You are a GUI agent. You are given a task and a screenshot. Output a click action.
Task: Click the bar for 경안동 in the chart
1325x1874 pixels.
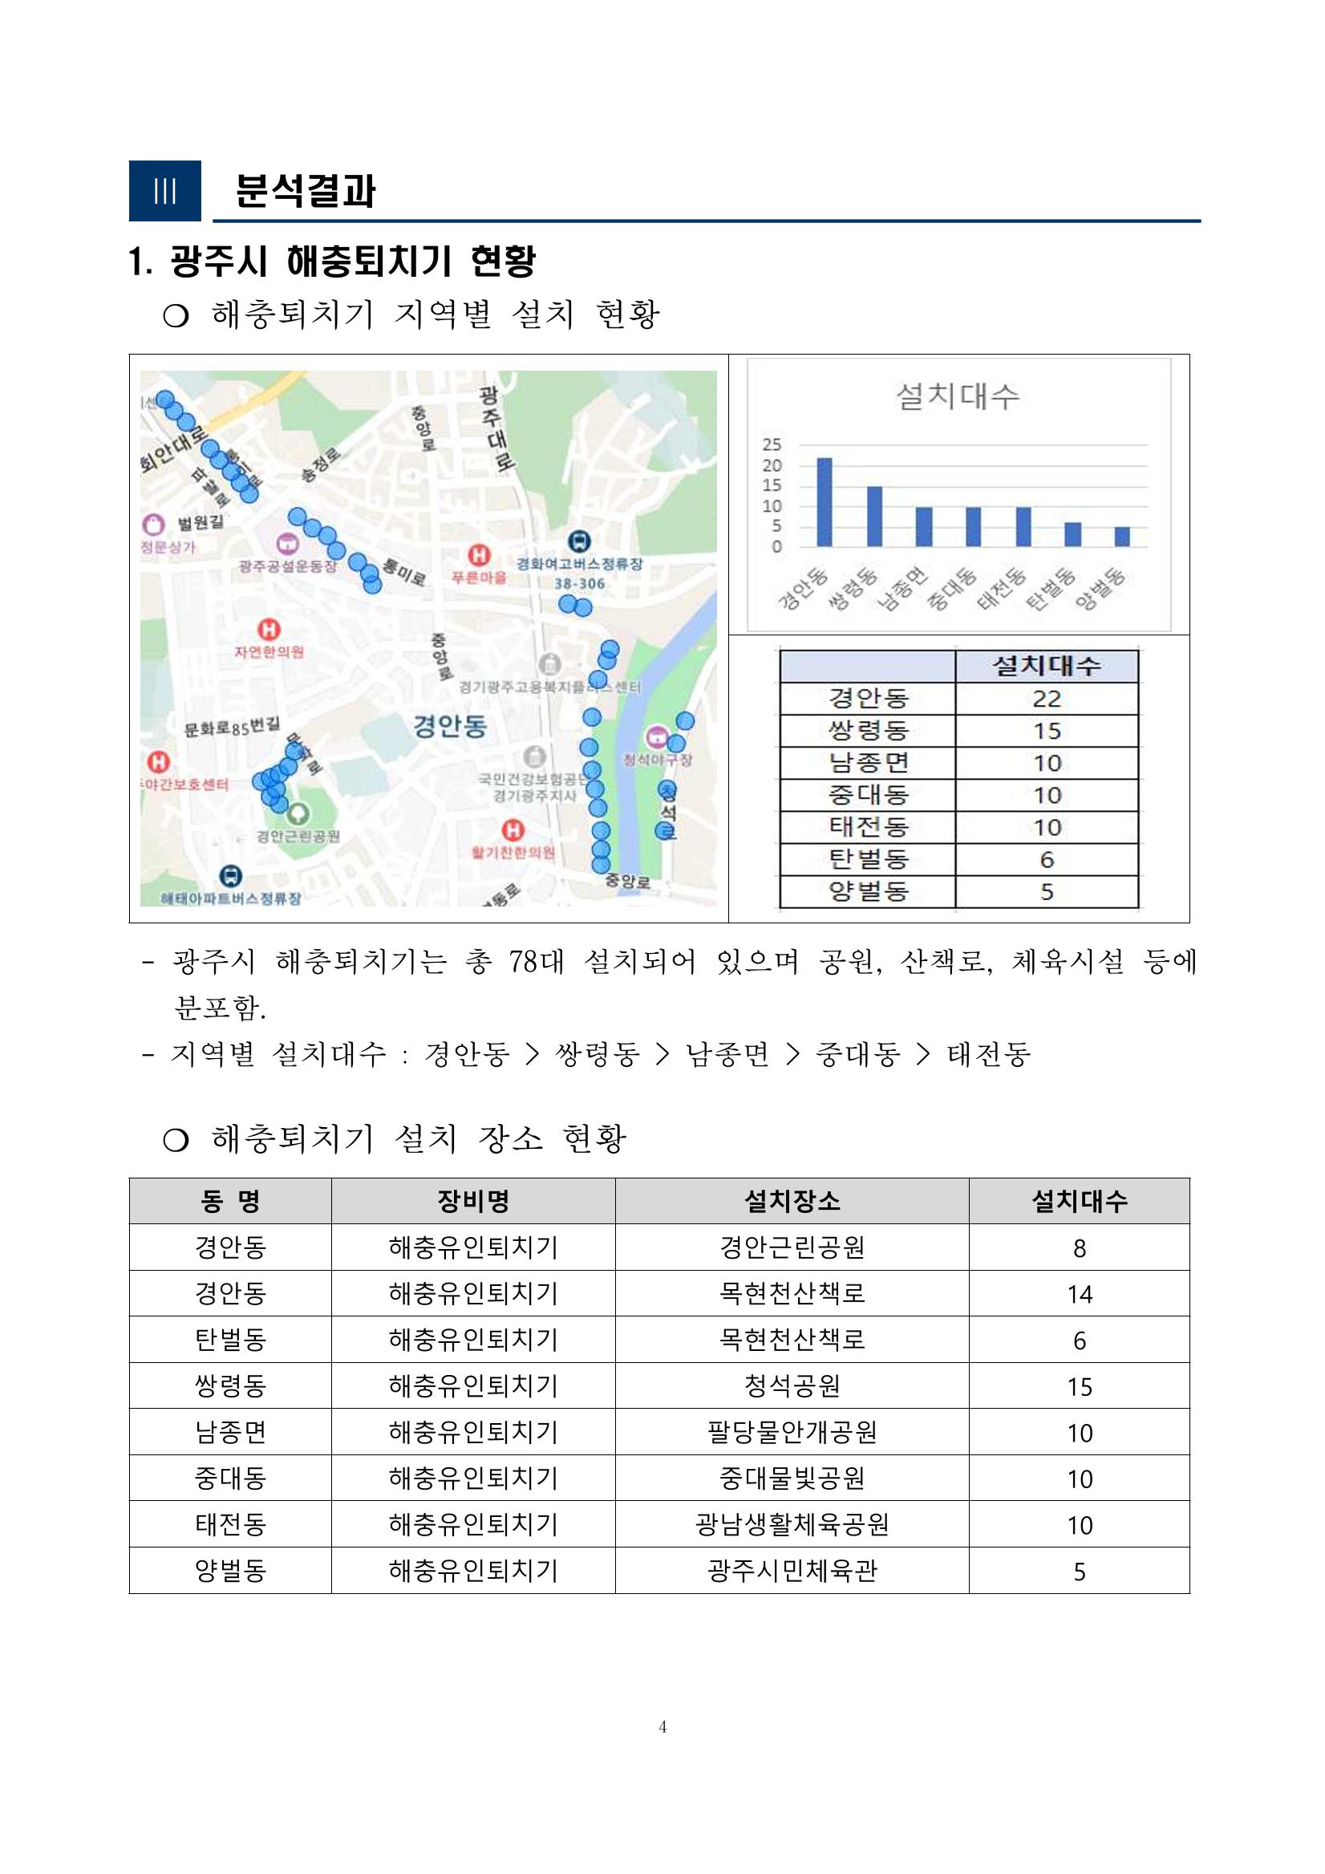click(825, 502)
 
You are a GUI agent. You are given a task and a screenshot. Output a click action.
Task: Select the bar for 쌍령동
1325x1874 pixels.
click(873, 516)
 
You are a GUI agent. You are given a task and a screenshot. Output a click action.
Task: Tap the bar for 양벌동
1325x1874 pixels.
click(1122, 536)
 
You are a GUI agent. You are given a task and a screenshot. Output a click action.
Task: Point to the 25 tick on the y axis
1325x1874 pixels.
click(771, 444)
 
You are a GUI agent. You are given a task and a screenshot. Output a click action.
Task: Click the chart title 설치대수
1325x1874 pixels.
click(958, 396)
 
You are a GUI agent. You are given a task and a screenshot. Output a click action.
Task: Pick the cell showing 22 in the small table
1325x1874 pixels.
click(1046, 699)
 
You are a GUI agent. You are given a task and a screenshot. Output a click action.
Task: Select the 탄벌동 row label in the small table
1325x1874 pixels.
click(868, 859)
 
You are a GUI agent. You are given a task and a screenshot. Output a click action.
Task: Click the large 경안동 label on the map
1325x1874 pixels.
click(449, 724)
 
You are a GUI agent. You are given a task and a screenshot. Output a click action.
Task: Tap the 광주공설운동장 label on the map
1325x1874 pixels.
click(287, 566)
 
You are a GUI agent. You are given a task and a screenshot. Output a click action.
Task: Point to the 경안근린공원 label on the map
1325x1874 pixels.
click(298, 836)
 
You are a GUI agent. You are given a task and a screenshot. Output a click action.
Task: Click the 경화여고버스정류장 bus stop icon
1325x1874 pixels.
click(579, 541)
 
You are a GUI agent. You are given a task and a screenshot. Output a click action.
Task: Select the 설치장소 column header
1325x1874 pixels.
click(792, 1201)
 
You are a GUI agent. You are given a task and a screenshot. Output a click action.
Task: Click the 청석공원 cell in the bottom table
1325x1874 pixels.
click(792, 1386)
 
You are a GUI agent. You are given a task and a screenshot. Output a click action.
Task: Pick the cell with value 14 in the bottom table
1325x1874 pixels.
click(1079, 1294)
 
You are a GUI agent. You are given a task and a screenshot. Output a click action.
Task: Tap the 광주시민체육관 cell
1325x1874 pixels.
click(792, 1571)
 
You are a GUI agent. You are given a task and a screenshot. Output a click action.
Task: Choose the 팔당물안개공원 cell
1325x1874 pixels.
click(792, 1433)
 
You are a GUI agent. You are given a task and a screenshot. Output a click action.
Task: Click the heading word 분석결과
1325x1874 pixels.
click(305, 191)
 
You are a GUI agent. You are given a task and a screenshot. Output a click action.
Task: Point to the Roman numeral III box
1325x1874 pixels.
click(164, 191)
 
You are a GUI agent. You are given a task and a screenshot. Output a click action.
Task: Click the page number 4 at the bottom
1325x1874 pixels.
click(662, 1726)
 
